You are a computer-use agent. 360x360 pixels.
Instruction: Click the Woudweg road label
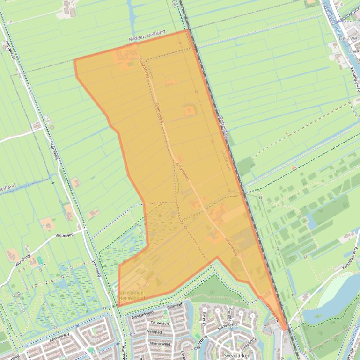pyautogui.click(x=65, y=236)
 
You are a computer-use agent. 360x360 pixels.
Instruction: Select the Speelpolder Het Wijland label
pyautogui.click(x=132, y=295)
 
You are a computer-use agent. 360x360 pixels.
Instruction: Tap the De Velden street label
pyautogui.click(x=160, y=323)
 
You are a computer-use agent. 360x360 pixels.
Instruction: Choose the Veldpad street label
pyautogui.click(x=154, y=331)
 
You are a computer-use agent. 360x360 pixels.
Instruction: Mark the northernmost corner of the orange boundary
pyautogui.click(x=188, y=30)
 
